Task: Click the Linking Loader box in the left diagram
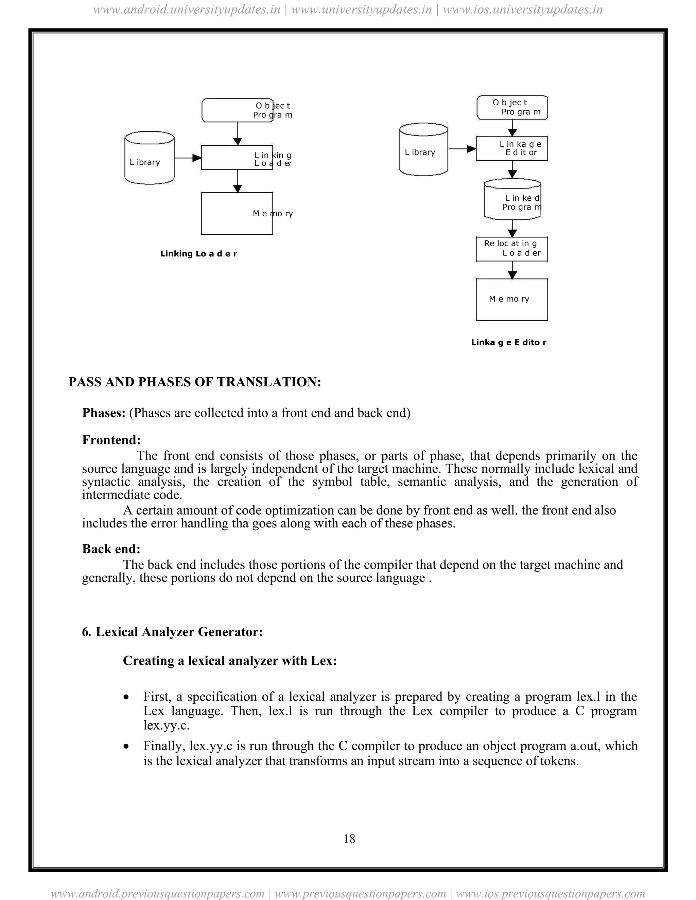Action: pos(237,158)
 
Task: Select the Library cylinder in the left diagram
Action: pos(149,158)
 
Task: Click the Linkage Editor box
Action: pos(512,148)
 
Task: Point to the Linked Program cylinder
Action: pos(512,200)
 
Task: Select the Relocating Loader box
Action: pos(512,249)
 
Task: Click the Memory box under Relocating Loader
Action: pos(512,299)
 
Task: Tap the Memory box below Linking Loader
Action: pos(237,214)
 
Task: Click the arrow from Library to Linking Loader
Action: pos(188,158)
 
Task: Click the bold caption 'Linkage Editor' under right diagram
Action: pos(508,342)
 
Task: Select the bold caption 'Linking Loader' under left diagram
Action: pos(198,254)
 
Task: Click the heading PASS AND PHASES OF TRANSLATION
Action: pos(195,382)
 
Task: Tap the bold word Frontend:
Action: pos(111,440)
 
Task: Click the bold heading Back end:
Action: pos(111,549)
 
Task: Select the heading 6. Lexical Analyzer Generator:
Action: pos(172,632)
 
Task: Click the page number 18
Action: pos(349,839)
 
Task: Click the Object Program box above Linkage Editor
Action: pos(512,107)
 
